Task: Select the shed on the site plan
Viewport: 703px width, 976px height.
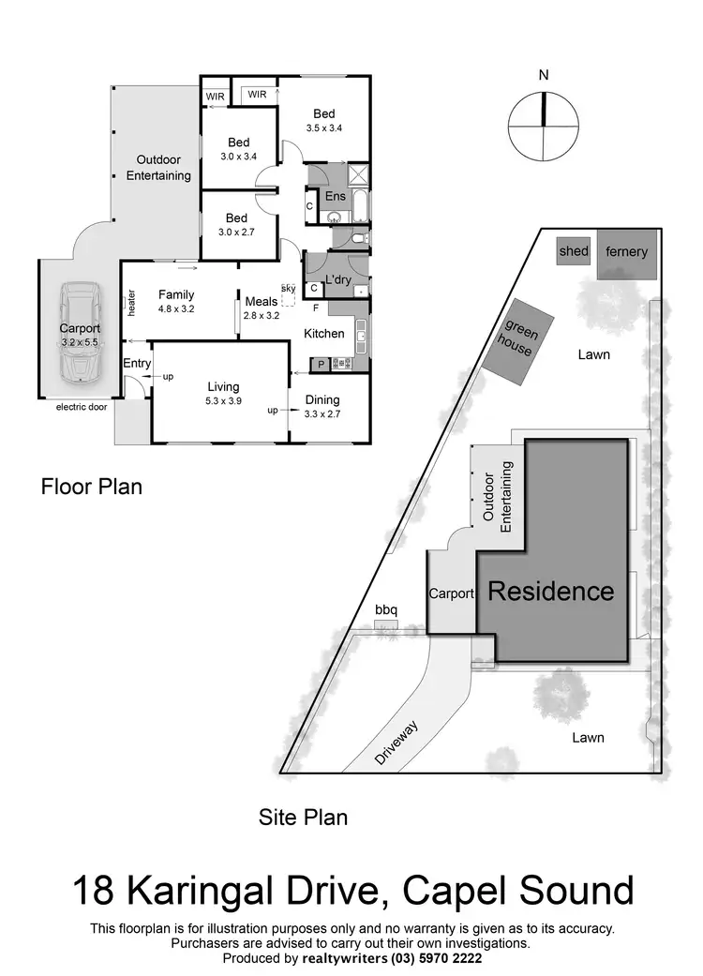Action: click(573, 251)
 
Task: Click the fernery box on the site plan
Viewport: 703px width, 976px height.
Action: click(626, 253)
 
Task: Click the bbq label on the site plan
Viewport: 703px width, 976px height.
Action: click(386, 610)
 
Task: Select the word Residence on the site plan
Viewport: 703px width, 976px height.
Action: click(551, 592)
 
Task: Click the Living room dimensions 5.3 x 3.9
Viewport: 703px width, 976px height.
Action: click(223, 401)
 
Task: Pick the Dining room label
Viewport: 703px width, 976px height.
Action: click(322, 399)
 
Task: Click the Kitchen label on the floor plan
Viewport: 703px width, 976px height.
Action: click(324, 334)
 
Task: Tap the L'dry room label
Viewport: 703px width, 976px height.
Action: click(337, 280)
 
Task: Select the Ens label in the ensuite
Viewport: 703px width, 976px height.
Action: click(335, 196)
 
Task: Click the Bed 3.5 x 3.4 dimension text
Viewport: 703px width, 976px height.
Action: click(323, 129)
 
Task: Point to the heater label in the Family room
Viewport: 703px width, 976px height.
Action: click(131, 302)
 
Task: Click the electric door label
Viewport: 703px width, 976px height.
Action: click(82, 407)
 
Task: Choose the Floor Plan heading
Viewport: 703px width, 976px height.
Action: click(91, 488)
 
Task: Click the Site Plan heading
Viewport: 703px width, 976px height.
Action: click(303, 818)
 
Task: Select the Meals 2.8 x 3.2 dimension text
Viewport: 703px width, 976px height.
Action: click(262, 316)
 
